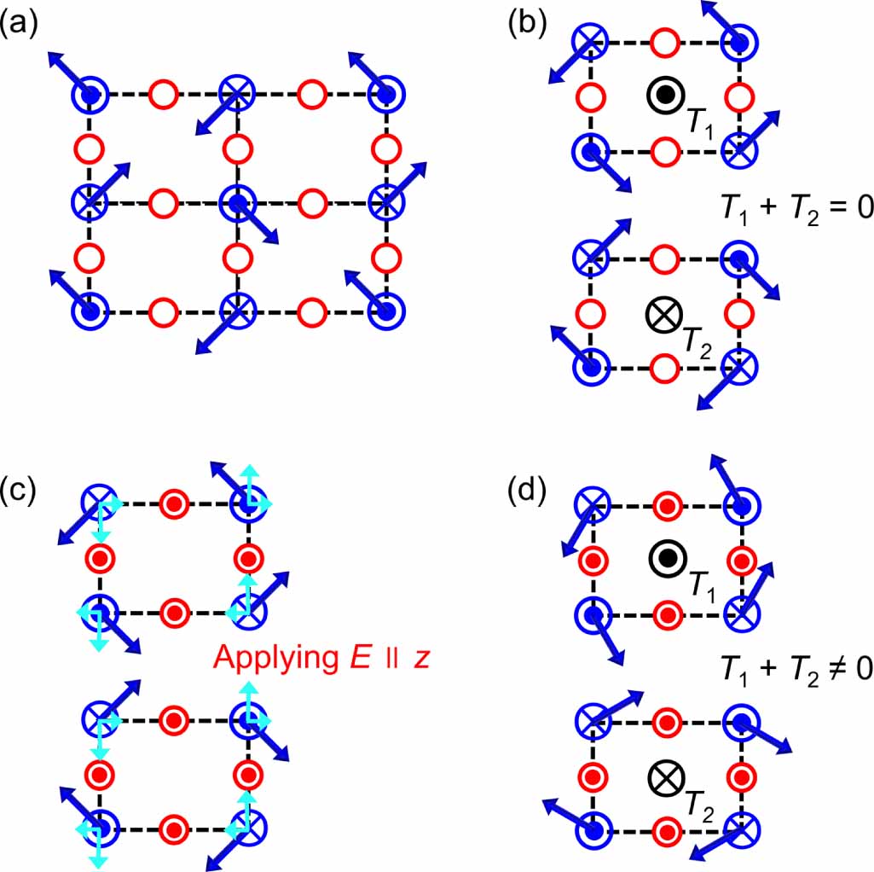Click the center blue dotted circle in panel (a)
click(x=238, y=202)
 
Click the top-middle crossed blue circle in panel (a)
click(x=238, y=92)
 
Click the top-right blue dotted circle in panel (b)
click(x=740, y=41)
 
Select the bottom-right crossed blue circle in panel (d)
click(x=740, y=828)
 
